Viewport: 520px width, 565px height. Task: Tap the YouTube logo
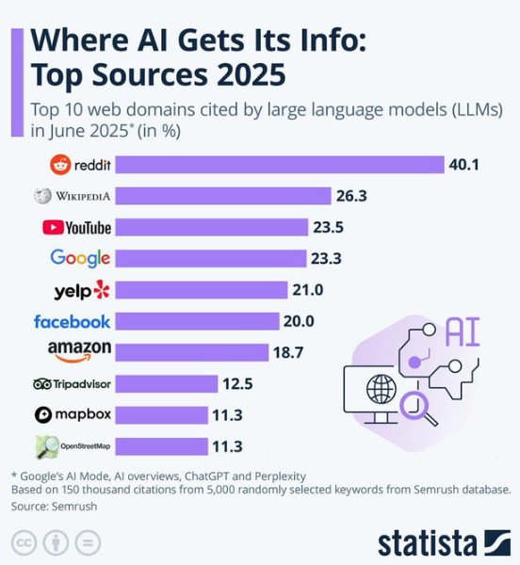(76, 227)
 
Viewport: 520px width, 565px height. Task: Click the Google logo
(80, 258)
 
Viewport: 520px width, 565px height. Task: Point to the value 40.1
(464, 165)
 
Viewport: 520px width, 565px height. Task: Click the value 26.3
(352, 196)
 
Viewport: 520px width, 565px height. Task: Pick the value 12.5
(239, 384)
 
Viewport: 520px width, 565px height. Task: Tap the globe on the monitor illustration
(381, 388)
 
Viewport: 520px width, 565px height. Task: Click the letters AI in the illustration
(463, 331)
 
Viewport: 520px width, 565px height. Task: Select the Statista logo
(444, 543)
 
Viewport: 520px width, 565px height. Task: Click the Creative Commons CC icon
(24, 543)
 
